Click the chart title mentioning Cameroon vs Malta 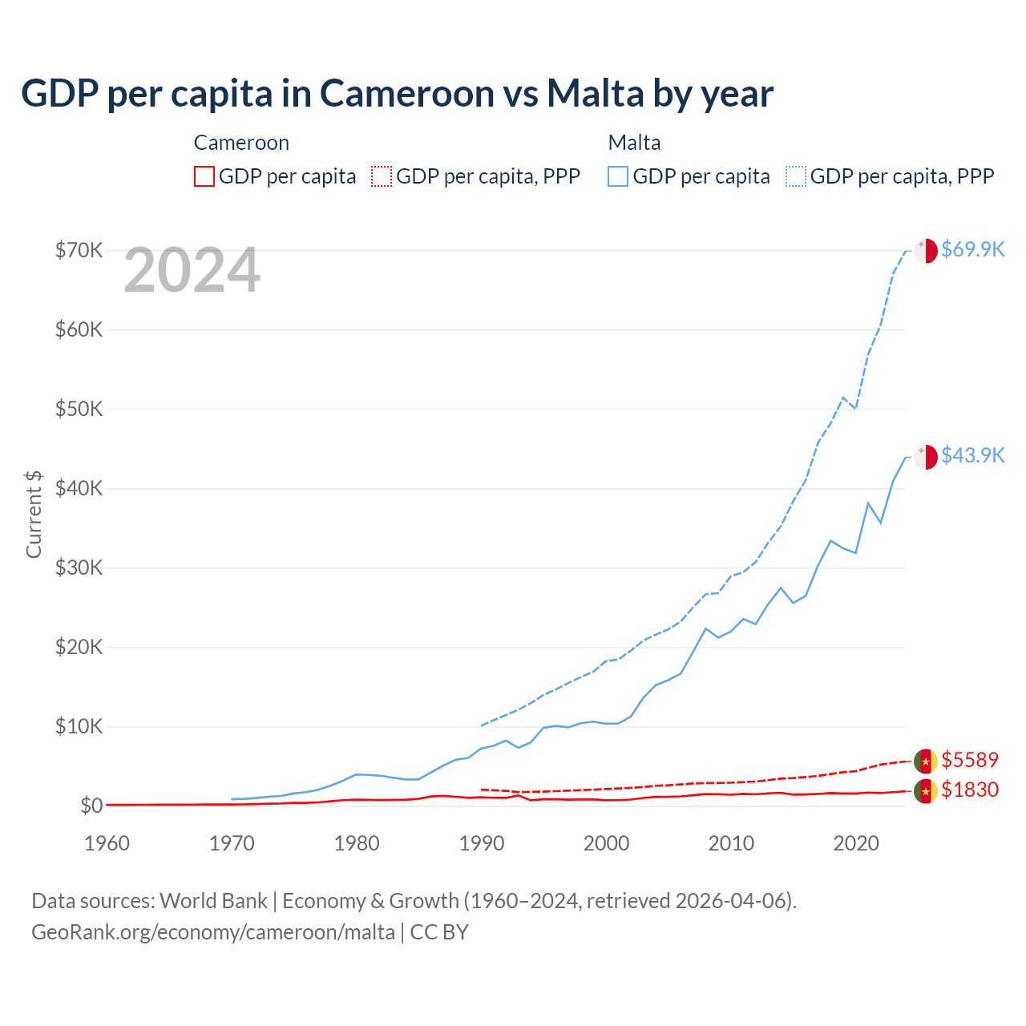pos(397,94)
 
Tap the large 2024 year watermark pos(192,271)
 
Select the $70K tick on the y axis pos(79,250)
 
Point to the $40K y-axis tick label pos(79,488)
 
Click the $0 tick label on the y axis pos(91,806)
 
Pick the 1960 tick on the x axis pos(107,843)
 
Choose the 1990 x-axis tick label pos(482,843)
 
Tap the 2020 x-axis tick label pos(856,843)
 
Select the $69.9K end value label pos(972,249)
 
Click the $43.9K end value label pos(972,455)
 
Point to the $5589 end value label pos(970,760)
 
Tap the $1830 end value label pos(970,790)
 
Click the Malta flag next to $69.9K pos(926,250)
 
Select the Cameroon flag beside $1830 pos(926,791)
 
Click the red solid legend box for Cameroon pos(204,176)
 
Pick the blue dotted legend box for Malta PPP pos(796,176)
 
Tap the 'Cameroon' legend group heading pos(241,143)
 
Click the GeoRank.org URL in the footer pos(213,932)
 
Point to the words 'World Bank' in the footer pos(213,901)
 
